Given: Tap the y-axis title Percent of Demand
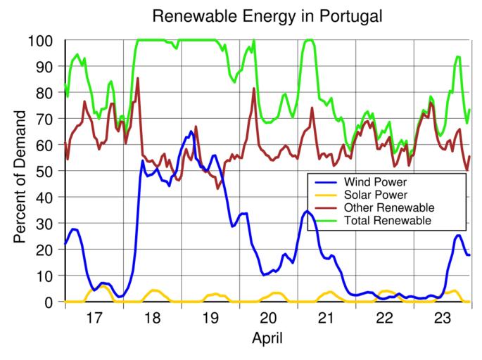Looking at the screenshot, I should [x=22, y=177].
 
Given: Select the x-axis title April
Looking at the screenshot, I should [x=267, y=338].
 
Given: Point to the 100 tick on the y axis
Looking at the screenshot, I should [x=41, y=41].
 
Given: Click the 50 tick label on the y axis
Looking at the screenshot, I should [x=44, y=171].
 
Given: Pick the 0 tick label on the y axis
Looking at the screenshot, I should [x=49, y=302].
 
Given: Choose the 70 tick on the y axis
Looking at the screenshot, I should [x=44, y=119].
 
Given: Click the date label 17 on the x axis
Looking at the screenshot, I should [x=94, y=318].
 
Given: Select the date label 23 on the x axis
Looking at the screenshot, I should [x=442, y=318].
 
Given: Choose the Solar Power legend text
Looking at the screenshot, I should [x=376, y=195].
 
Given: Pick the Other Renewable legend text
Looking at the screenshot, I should [x=389, y=208].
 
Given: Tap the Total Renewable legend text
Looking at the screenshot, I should [x=388, y=221].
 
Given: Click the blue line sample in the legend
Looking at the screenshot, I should [x=325, y=182].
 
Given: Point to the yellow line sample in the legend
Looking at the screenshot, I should [x=325, y=195].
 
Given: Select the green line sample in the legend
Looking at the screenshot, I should [x=325, y=221].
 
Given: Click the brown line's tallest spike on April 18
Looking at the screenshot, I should [x=138, y=78].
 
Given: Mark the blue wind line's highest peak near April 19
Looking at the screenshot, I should [x=191, y=131].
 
